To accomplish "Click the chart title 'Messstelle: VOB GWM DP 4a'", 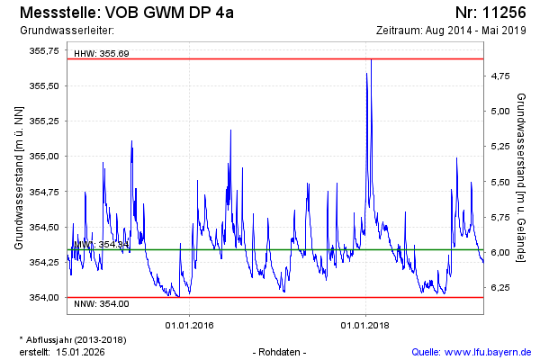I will coord(126,13).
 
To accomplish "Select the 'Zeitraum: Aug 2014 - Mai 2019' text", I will coord(453,31).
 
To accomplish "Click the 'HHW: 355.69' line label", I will coord(102,53).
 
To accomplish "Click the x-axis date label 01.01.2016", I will coord(188,325).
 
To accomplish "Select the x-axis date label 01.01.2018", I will coord(365,325).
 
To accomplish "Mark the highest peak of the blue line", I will coord(371,59).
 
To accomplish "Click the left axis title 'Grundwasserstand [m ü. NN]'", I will coord(19,177).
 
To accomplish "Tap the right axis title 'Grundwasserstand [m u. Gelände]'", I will coord(522,177).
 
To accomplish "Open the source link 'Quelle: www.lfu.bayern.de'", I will coord(471,351).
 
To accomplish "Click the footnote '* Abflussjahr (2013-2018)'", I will coord(72,339).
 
